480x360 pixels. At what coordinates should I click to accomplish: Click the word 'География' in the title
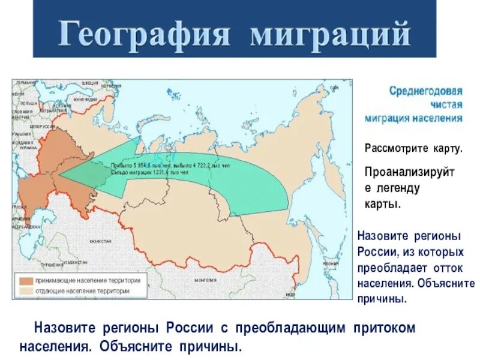[x=145, y=34]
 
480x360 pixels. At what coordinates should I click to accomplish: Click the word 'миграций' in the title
[x=329, y=34]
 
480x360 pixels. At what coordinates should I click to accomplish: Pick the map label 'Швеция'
[x=89, y=83]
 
